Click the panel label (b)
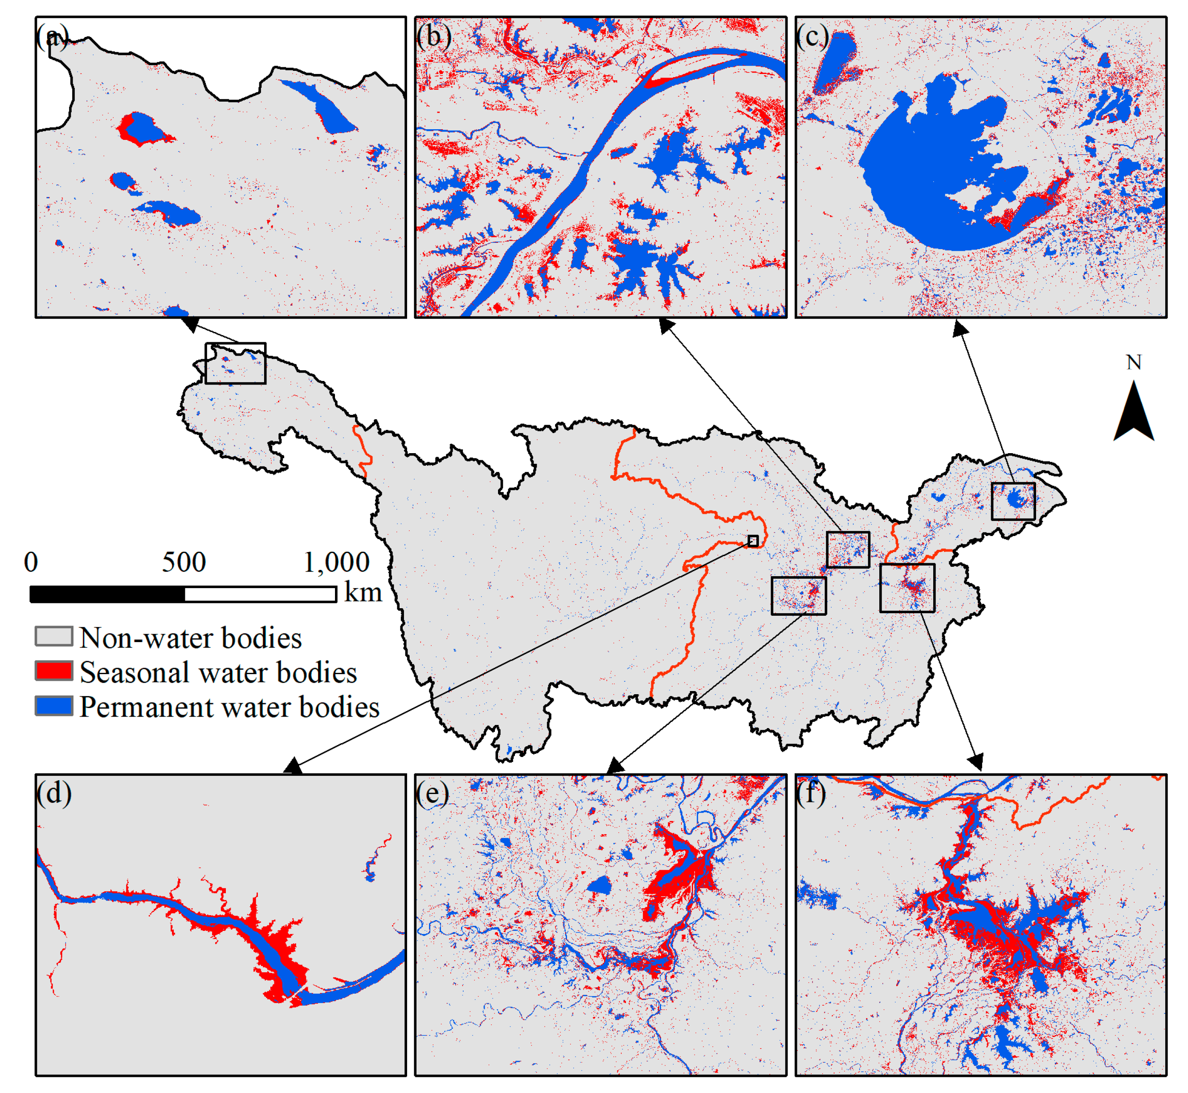point(433,37)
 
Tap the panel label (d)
point(54,793)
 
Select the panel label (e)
point(432,793)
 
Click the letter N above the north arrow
point(1133,362)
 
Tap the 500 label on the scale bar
point(184,562)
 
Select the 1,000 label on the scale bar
point(336,562)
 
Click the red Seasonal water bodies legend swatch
point(54,671)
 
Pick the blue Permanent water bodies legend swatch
point(54,706)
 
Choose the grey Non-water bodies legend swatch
point(54,636)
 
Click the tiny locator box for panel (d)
point(752,540)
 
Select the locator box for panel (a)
point(235,363)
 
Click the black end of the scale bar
point(107,594)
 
